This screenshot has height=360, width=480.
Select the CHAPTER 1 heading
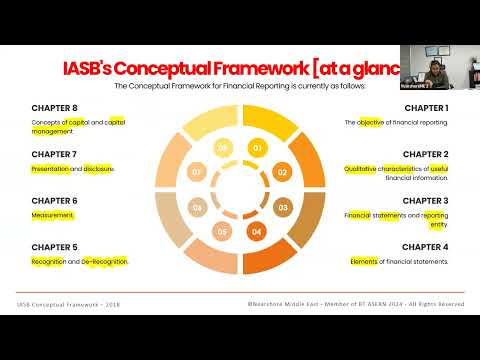pyautogui.click(x=426, y=108)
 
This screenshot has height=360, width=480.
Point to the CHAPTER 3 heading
pyautogui.click(x=426, y=200)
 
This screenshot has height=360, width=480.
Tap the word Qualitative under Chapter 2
pyautogui.click(x=365, y=169)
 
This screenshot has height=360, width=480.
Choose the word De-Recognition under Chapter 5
pyautogui.click(x=105, y=261)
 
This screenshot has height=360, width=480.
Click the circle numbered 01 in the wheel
pyautogui.click(x=257, y=149)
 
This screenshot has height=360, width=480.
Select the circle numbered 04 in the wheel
pyautogui.click(x=257, y=232)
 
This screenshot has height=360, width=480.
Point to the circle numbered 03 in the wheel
pyautogui.click(x=282, y=208)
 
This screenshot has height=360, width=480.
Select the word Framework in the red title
pyautogui.click(x=251, y=68)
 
